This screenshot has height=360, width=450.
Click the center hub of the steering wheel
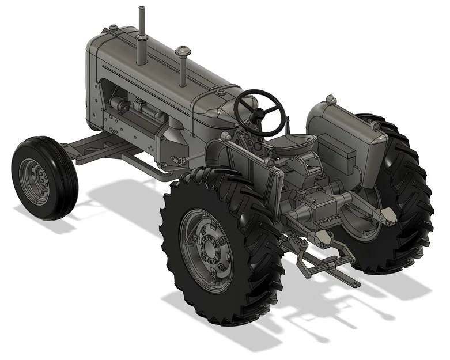click(x=259, y=111)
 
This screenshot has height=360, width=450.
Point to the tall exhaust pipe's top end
click(x=141, y=10)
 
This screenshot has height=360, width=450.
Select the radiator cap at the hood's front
click(x=114, y=28)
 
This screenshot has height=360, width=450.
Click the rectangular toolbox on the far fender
click(x=345, y=151)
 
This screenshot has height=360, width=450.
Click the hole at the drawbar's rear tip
click(x=352, y=283)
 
